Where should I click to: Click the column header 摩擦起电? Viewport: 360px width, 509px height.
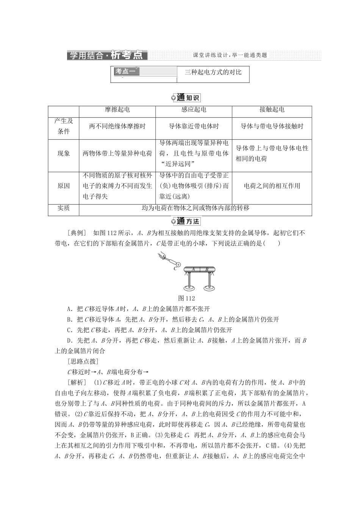click(x=117, y=110)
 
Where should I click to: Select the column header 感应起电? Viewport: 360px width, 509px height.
click(x=194, y=110)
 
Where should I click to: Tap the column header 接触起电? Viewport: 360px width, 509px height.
click(x=272, y=110)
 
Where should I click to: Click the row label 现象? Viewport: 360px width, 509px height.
click(x=64, y=153)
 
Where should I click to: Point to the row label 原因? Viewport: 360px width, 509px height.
click(x=64, y=186)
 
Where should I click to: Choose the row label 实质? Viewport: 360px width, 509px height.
click(x=64, y=208)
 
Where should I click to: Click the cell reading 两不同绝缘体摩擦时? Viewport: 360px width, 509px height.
click(x=117, y=126)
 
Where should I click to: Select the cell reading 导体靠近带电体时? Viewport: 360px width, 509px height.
click(x=194, y=126)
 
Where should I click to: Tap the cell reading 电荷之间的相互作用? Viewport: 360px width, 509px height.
click(x=272, y=186)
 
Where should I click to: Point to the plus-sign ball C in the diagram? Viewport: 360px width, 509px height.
click(x=178, y=265)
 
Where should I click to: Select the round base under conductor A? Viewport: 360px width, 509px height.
click(x=189, y=289)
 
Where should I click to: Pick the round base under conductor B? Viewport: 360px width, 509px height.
click(x=209, y=289)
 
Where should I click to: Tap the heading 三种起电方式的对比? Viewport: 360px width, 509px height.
click(x=213, y=72)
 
